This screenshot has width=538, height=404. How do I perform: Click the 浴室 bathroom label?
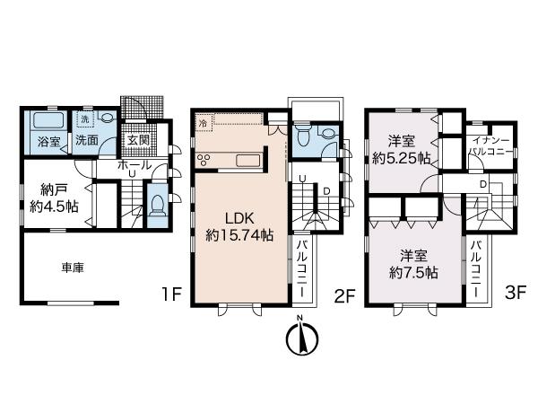[49, 141]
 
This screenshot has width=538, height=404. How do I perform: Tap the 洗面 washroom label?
[86, 140]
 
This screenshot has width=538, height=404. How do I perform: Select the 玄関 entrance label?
[138, 140]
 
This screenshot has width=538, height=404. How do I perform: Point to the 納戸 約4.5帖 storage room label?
[54, 198]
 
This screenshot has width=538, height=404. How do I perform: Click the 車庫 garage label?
[73, 268]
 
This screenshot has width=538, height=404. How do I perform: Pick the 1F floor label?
[171, 294]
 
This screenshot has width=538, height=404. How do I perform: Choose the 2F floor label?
[344, 296]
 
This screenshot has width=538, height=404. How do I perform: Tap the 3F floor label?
[516, 293]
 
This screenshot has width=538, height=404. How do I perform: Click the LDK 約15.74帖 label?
[239, 226]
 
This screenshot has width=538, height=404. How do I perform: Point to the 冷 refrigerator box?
[204, 123]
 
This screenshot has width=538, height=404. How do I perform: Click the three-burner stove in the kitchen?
[204, 160]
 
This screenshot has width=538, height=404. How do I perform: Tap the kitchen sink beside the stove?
[248, 161]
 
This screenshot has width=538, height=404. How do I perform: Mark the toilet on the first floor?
[158, 206]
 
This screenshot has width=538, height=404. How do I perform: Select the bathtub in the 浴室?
[48, 120]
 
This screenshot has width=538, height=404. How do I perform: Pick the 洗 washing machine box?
[85, 119]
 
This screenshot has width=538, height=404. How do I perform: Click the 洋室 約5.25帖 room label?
[402, 150]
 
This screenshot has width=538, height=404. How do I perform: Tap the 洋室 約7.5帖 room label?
[413, 264]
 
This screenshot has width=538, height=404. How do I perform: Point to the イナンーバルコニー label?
[491, 145]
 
